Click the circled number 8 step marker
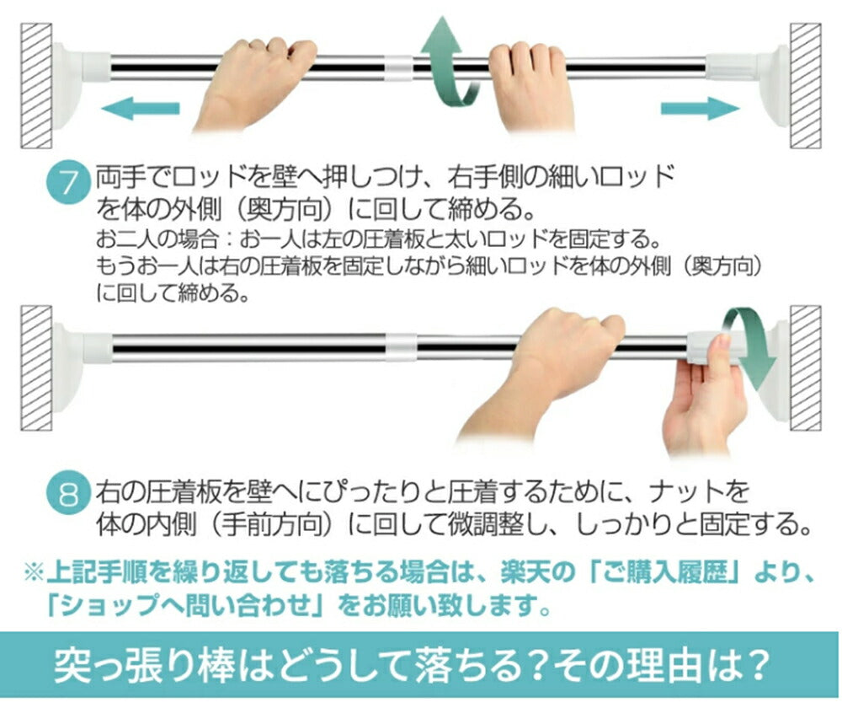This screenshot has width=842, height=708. point(68,493)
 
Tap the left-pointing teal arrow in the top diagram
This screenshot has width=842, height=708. point(140,109)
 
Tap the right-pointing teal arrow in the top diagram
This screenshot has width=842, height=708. point(700,109)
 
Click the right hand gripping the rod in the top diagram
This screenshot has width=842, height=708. point(529,86)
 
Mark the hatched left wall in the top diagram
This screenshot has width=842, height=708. point(36,85)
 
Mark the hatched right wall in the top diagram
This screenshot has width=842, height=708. point(805,85)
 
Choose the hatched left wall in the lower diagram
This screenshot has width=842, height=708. point(36,368)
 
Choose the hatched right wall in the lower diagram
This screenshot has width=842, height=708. point(805,368)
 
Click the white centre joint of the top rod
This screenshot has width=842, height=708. point(399,67)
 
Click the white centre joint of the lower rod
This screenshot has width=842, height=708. point(401,346)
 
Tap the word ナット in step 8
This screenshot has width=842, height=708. point(685,491)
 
